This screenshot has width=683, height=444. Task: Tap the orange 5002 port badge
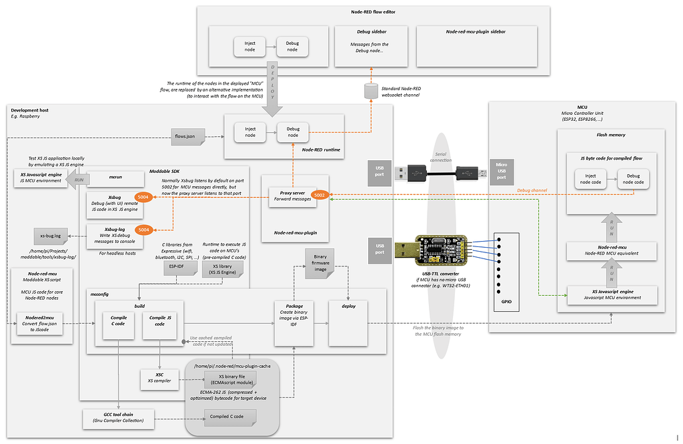[319, 195]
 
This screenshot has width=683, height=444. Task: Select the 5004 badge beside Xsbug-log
[143, 229]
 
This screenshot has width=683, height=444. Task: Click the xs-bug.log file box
[52, 236]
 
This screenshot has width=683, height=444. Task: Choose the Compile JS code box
[159, 320]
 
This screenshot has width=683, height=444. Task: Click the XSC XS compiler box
[159, 378]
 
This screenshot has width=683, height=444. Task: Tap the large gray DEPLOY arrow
[276, 85]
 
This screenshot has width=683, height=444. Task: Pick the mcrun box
[115, 178]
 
